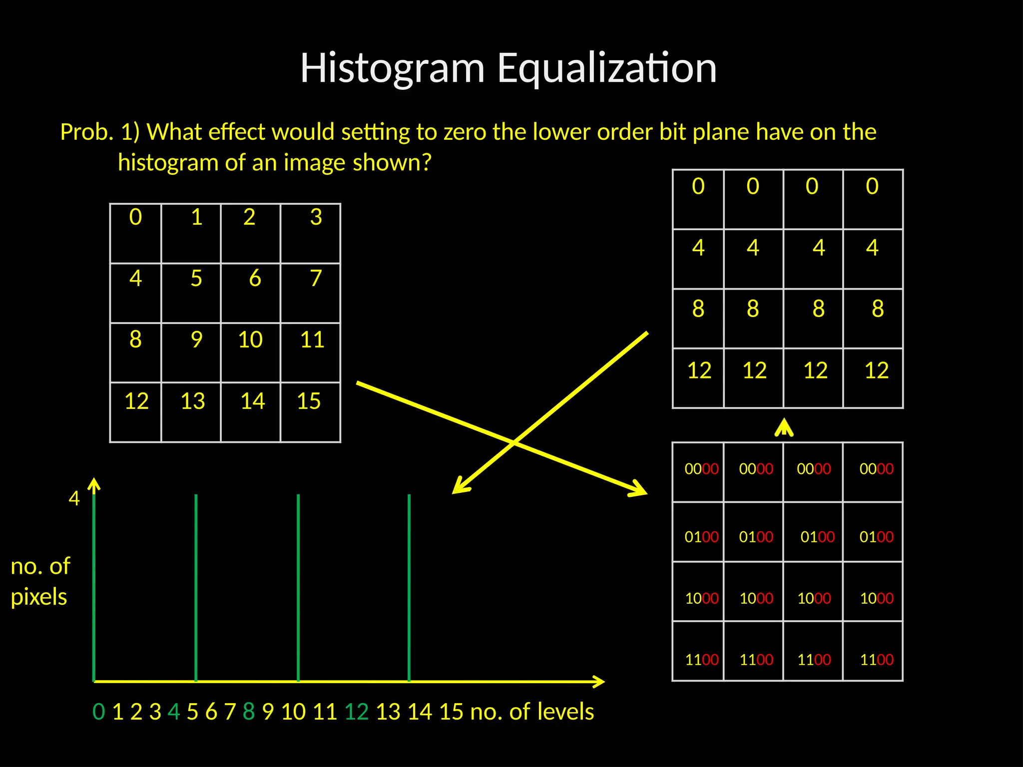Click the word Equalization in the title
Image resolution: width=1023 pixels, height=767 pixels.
[607, 68]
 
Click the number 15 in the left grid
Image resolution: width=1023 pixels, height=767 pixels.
[309, 401]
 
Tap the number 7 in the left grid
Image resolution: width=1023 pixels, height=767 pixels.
[315, 279]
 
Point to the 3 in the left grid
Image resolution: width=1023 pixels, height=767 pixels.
[316, 217]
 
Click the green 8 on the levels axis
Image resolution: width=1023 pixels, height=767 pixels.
[249, 712]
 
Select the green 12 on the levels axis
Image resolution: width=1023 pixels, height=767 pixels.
[357, 712]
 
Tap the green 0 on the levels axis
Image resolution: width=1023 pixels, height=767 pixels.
[99, 712]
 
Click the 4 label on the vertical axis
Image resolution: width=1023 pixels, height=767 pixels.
[74, 498]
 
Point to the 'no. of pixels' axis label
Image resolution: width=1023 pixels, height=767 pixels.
[40, 581]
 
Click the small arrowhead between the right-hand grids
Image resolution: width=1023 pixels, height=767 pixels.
[784, 427]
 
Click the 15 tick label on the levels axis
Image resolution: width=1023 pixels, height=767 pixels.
[452, 712]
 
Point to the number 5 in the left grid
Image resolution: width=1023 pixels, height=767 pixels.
[196, 279]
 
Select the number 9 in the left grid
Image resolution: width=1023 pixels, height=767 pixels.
[197, 340]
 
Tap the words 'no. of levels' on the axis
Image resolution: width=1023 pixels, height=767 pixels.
[532, 712]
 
